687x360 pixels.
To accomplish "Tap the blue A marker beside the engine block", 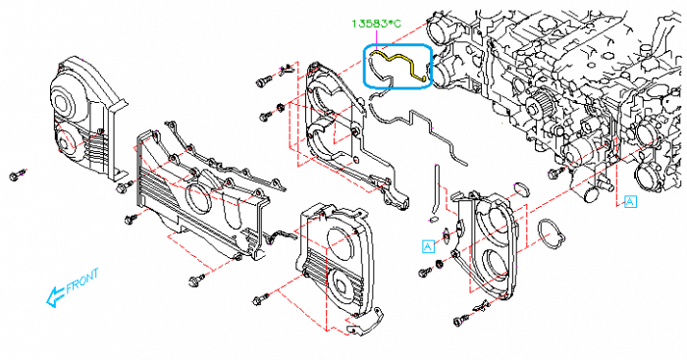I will point(630,200).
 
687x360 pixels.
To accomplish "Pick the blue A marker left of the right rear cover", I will point(428,245).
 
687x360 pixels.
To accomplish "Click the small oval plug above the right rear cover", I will point(521,187).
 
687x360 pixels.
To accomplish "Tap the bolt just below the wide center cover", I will point(195,281).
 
